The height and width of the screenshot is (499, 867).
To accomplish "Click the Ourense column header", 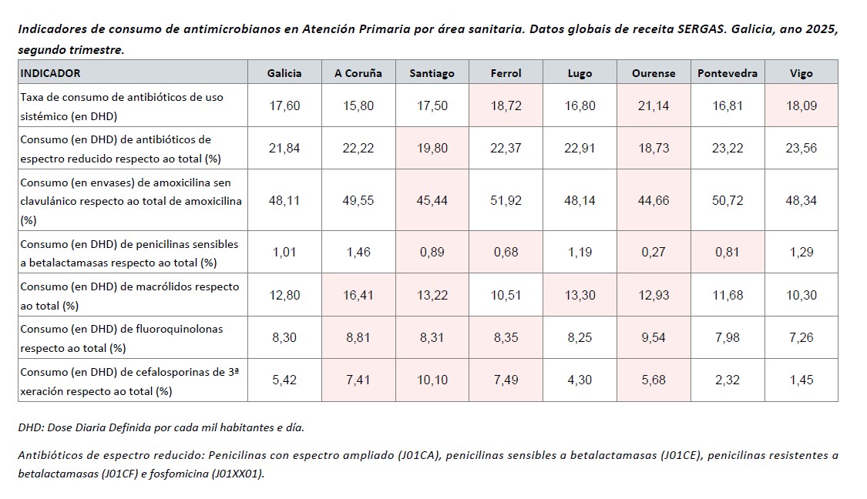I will coord(654,73).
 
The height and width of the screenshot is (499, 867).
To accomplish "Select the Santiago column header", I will coord(432,73).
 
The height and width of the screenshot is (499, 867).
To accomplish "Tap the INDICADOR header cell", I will coord(50,73).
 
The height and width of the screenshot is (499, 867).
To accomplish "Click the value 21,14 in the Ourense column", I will coord(654,105).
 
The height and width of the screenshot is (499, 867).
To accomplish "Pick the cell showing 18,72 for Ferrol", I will coord(506,105).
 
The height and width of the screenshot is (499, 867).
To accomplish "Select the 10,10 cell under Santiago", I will coord(432,380).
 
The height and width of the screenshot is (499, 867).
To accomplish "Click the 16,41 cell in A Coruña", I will coord(358,295).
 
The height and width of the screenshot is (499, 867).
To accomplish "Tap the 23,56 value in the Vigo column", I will coord(801,148).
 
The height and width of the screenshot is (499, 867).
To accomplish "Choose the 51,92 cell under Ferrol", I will coord(506,200).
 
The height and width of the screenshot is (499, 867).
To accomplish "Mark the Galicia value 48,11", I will coord(284,200).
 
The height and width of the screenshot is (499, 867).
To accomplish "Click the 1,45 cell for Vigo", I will coord(801,380).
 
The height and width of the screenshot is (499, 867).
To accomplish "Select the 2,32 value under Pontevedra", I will coord(728,380).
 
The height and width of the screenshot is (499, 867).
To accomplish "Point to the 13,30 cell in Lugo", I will coord(580,295).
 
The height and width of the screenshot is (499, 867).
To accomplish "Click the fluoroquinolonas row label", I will coord(121,338).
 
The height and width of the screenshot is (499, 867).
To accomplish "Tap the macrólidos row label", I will coord(129,295).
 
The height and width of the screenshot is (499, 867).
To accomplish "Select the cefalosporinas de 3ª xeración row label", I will coord(129,380).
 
